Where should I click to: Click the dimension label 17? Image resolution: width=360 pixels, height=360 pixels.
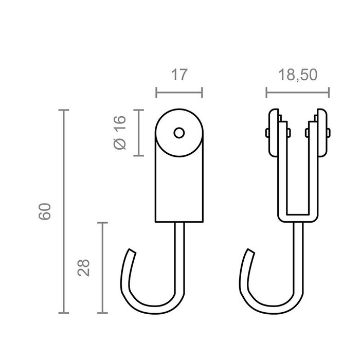(x=178, y=75)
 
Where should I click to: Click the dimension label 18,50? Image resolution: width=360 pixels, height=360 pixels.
(x=297, y=75)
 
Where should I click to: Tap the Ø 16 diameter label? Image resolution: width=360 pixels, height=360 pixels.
(x=119, y=133)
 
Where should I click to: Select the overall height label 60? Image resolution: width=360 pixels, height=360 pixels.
(x=46, y=212)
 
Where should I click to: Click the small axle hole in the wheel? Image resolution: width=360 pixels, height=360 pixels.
(x=178, y=133)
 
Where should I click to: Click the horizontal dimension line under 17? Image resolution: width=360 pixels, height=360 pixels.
(x=178, y=93)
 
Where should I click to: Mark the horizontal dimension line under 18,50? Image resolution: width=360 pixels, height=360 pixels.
(x=297, y=93)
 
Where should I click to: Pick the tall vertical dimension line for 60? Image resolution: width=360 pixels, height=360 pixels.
(x=64, y=211)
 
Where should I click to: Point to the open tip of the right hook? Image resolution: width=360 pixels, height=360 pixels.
(x=250, y=251)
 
